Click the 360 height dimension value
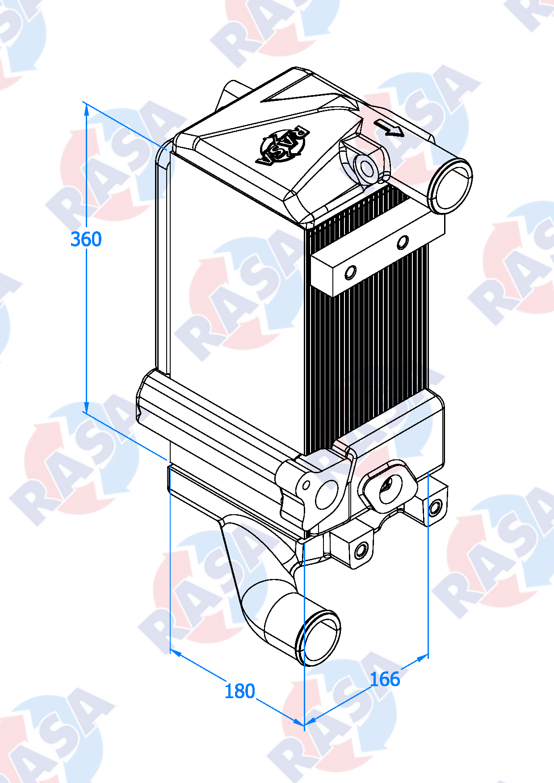pyautogui.click(x=86, y=239)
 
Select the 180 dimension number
pyautogui.click(x=239, y=691)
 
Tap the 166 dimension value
pyautogui.click(x=385, y=679)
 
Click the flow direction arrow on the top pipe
pyautogui.click(x=389, y=128)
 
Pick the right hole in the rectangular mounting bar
pyautogui.click(x=403, y=242)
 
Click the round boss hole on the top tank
pyautogui.click(x=367, y=169)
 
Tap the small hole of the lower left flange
pyautogui.click(x=306, y=485)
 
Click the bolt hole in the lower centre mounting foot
pyautogui.click(x=361, y=550)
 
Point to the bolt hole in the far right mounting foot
pyautogui.click(x=434, y=508)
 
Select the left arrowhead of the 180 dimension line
pyautogui.click(x=176, y=653)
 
